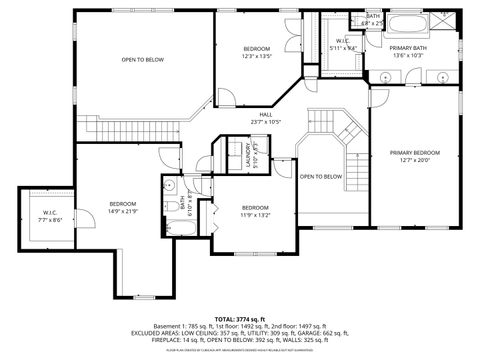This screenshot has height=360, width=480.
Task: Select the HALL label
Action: (266, 114)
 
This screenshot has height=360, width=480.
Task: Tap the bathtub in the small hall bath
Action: (187, 228)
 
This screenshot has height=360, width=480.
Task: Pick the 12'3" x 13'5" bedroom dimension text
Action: (257, 58)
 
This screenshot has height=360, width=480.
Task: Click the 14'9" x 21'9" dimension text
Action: (123, 211)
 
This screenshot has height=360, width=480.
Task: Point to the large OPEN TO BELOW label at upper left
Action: (142, 60)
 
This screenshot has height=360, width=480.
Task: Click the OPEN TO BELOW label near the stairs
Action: (320, 176)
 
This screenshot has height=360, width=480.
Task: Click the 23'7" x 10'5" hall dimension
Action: (266, 122)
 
